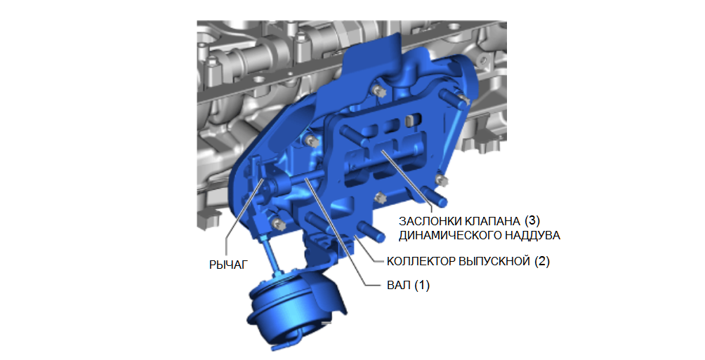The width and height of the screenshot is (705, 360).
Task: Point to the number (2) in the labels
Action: pyautogui.click(x=542, y=262)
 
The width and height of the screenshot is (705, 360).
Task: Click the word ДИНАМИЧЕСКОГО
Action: pyautogui.click(x=452, y=234)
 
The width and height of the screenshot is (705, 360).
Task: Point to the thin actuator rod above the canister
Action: pyautogui.click(x=270, y=255)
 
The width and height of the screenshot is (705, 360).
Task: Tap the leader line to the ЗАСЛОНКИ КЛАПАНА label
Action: pyautogui.click(x=407, y=179)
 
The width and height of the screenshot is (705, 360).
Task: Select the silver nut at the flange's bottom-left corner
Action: pyautogui.click(x=277, y=223)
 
